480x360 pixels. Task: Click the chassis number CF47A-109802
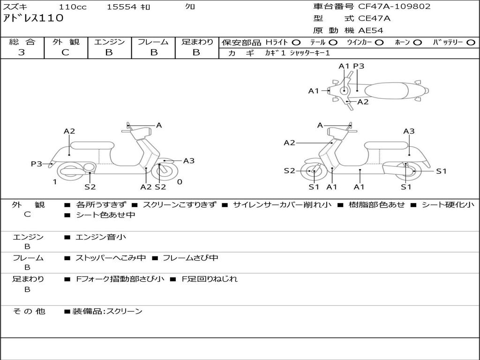coord(394,7)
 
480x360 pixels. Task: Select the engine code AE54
coord(371,30)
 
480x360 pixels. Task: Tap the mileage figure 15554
coord(121,7)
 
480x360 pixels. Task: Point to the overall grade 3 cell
coord(22,52)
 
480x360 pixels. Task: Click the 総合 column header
coord(22,42)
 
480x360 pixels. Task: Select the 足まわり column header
coord(197,42)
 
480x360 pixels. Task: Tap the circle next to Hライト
coord(296,43)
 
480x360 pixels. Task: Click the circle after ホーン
coord(417,43)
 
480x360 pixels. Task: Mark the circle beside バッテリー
coord(471,43)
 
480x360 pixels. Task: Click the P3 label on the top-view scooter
coord(359,66)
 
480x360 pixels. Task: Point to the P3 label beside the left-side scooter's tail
coord(37,164)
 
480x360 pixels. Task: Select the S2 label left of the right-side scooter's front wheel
coord(289,171)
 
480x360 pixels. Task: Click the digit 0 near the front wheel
coord(180,182)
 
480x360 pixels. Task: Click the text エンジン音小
coord(100,237)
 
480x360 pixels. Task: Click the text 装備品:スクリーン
coord(107,311)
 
